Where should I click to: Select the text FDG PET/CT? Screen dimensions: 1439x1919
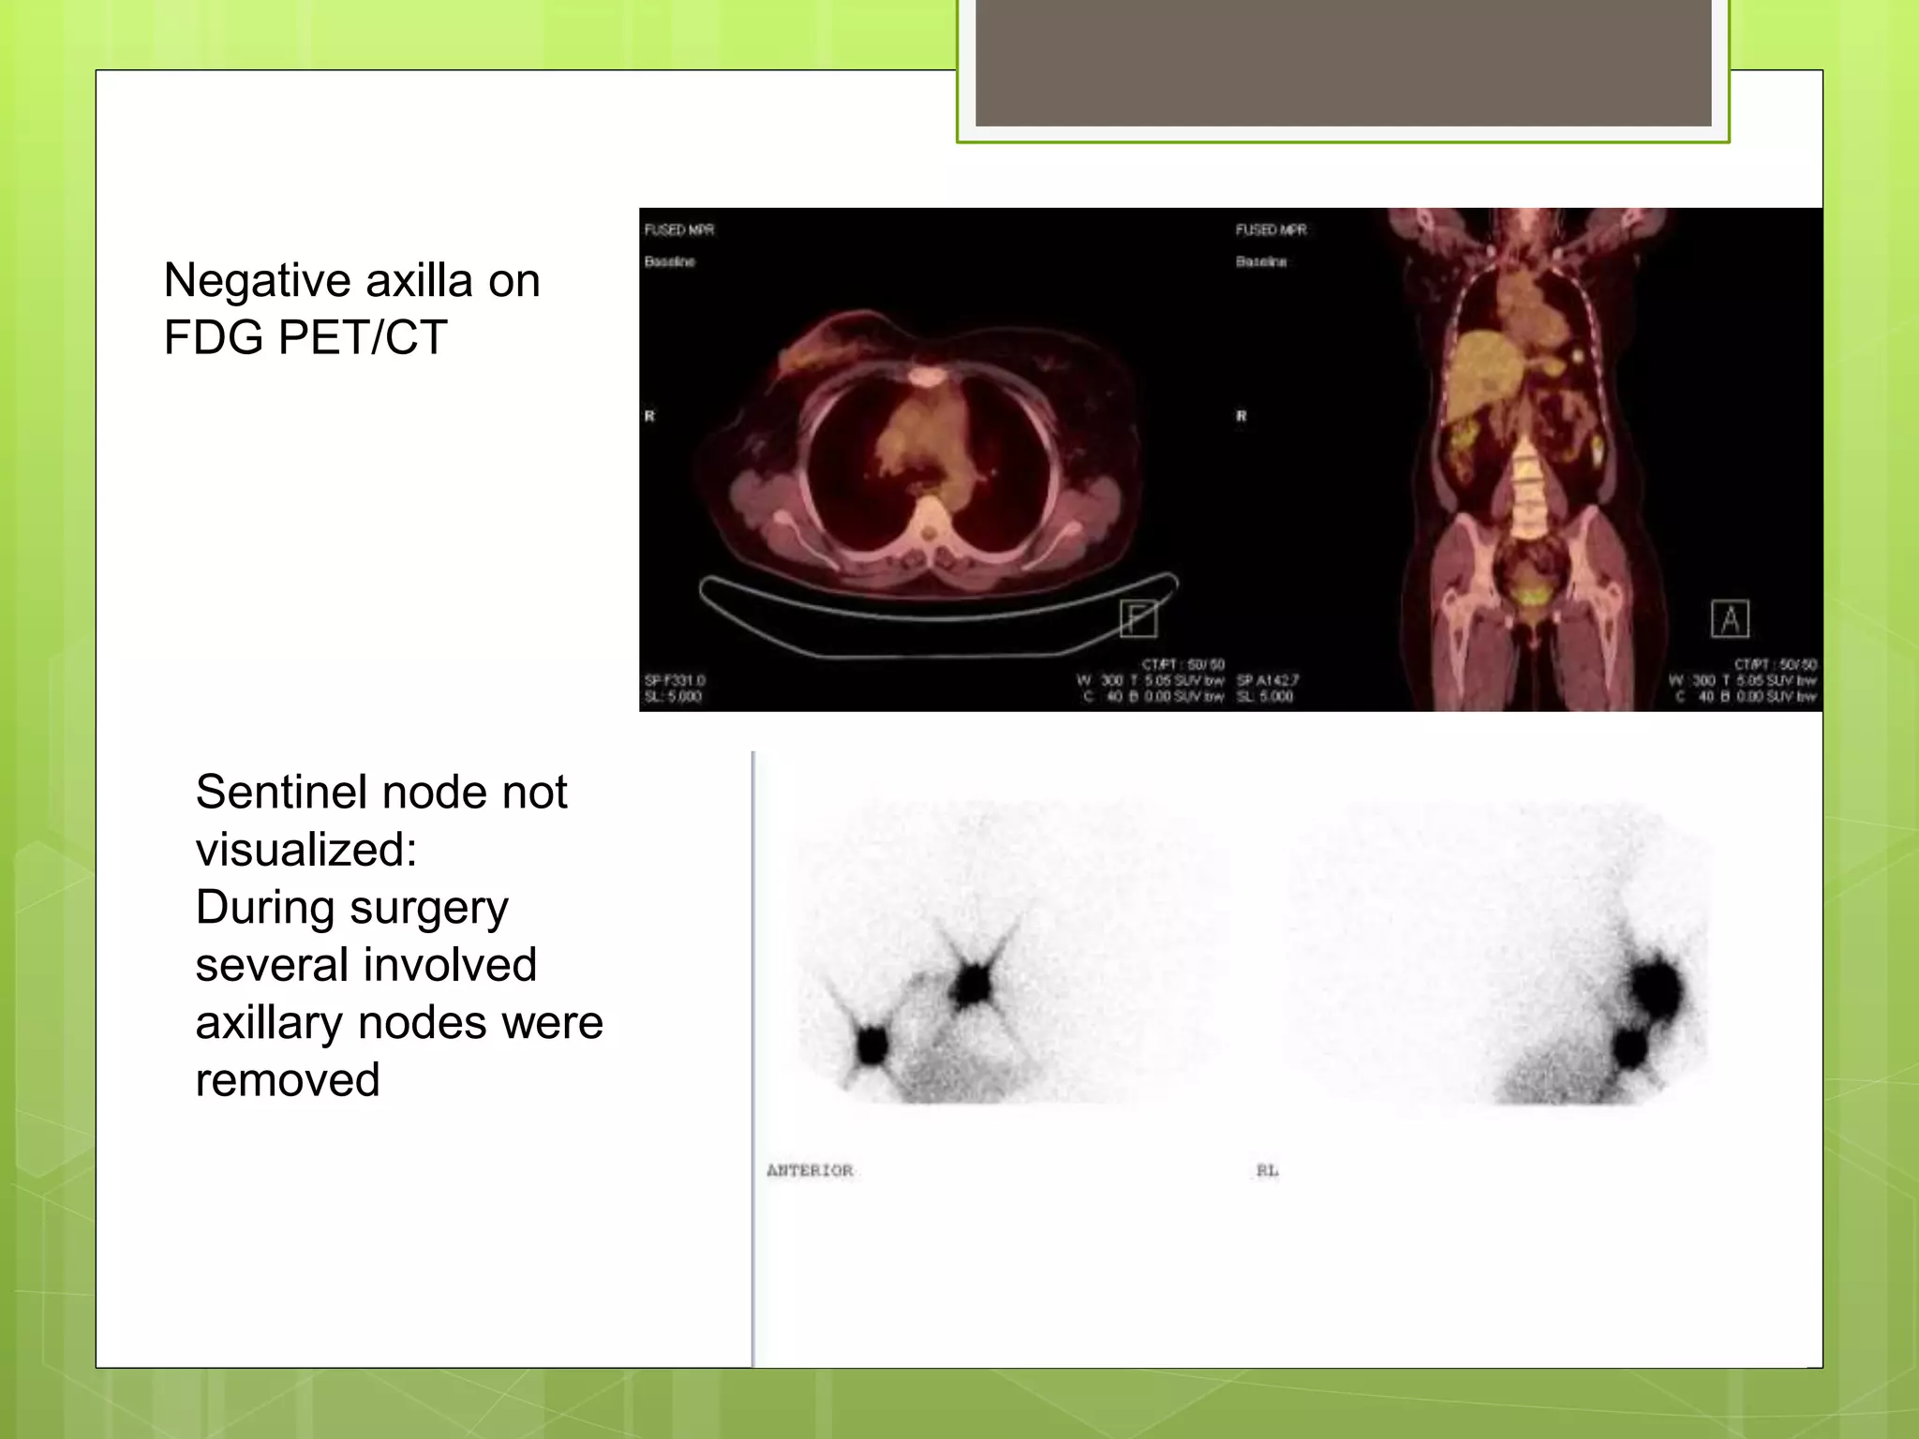tap(305, 338)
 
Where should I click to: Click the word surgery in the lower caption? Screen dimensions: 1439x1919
tap(429, 909)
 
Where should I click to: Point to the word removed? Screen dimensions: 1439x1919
tap(288, 1081)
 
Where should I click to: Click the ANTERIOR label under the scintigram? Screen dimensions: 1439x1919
tap(810, 1170)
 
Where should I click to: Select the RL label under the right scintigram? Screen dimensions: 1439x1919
tap(1267, 1170)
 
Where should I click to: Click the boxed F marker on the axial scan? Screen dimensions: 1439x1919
tap(1138, 619)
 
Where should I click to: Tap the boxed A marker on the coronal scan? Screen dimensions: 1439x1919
tap(1730, 619)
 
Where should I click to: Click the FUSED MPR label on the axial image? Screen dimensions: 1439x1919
tap(679, 230)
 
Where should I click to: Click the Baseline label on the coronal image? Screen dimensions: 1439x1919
tap(1261, 261)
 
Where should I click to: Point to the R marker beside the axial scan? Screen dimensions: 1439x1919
tap(649, 416)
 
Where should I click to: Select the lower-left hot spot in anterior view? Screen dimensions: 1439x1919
tap(871, 1045)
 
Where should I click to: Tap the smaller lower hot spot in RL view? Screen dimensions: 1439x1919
tap(1630, 1046)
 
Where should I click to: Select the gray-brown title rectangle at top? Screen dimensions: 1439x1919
tap(1343, 62)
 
